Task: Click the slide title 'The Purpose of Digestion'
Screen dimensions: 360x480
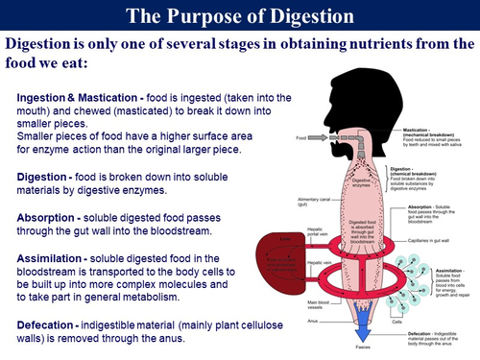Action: [240, 16]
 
